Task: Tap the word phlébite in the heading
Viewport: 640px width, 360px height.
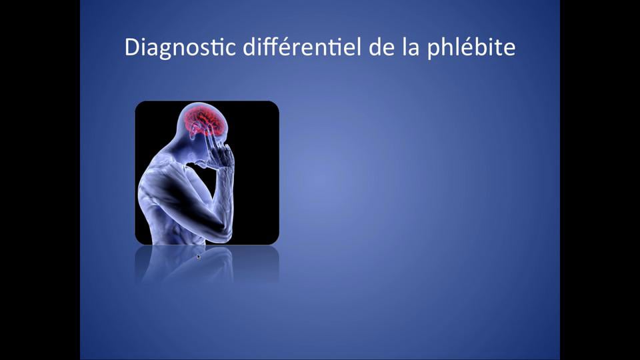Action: pos(473,48)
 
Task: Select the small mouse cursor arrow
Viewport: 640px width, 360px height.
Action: pos(199,255)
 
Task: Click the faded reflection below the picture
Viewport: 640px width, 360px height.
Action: pos(207,263)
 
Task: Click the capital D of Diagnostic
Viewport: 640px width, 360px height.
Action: pos(132,48)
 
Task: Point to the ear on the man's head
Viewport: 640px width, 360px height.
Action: pos(194,133)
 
